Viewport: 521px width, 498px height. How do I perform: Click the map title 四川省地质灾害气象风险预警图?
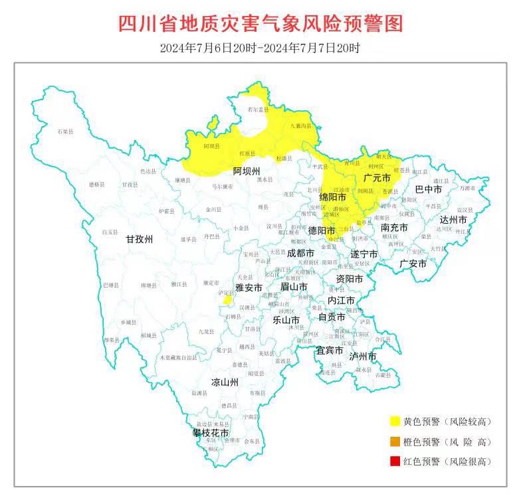point(260,24)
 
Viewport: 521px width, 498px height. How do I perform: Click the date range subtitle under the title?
point(260,48)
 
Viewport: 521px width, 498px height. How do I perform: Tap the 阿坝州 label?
point(246,171)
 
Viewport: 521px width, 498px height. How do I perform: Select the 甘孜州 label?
point(140,239)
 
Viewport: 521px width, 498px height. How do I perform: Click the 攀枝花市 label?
point(211,433)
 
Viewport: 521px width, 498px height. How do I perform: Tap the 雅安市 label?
point(249,288)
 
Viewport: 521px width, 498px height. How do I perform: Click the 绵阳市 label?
point(332,197)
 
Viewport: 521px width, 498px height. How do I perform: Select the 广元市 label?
point(377,178)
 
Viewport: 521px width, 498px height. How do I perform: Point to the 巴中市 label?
point(429,189)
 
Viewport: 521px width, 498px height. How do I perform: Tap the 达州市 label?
point(453,220)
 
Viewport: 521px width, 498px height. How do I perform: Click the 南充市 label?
point(394,227)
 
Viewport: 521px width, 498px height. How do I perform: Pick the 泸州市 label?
point(363,357)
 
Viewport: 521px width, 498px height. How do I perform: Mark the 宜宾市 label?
point(329,350)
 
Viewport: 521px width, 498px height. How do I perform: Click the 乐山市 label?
point(286,319)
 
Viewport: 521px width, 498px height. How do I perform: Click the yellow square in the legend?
point(395,421)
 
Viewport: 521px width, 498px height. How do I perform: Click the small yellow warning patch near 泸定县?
point(227,300)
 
